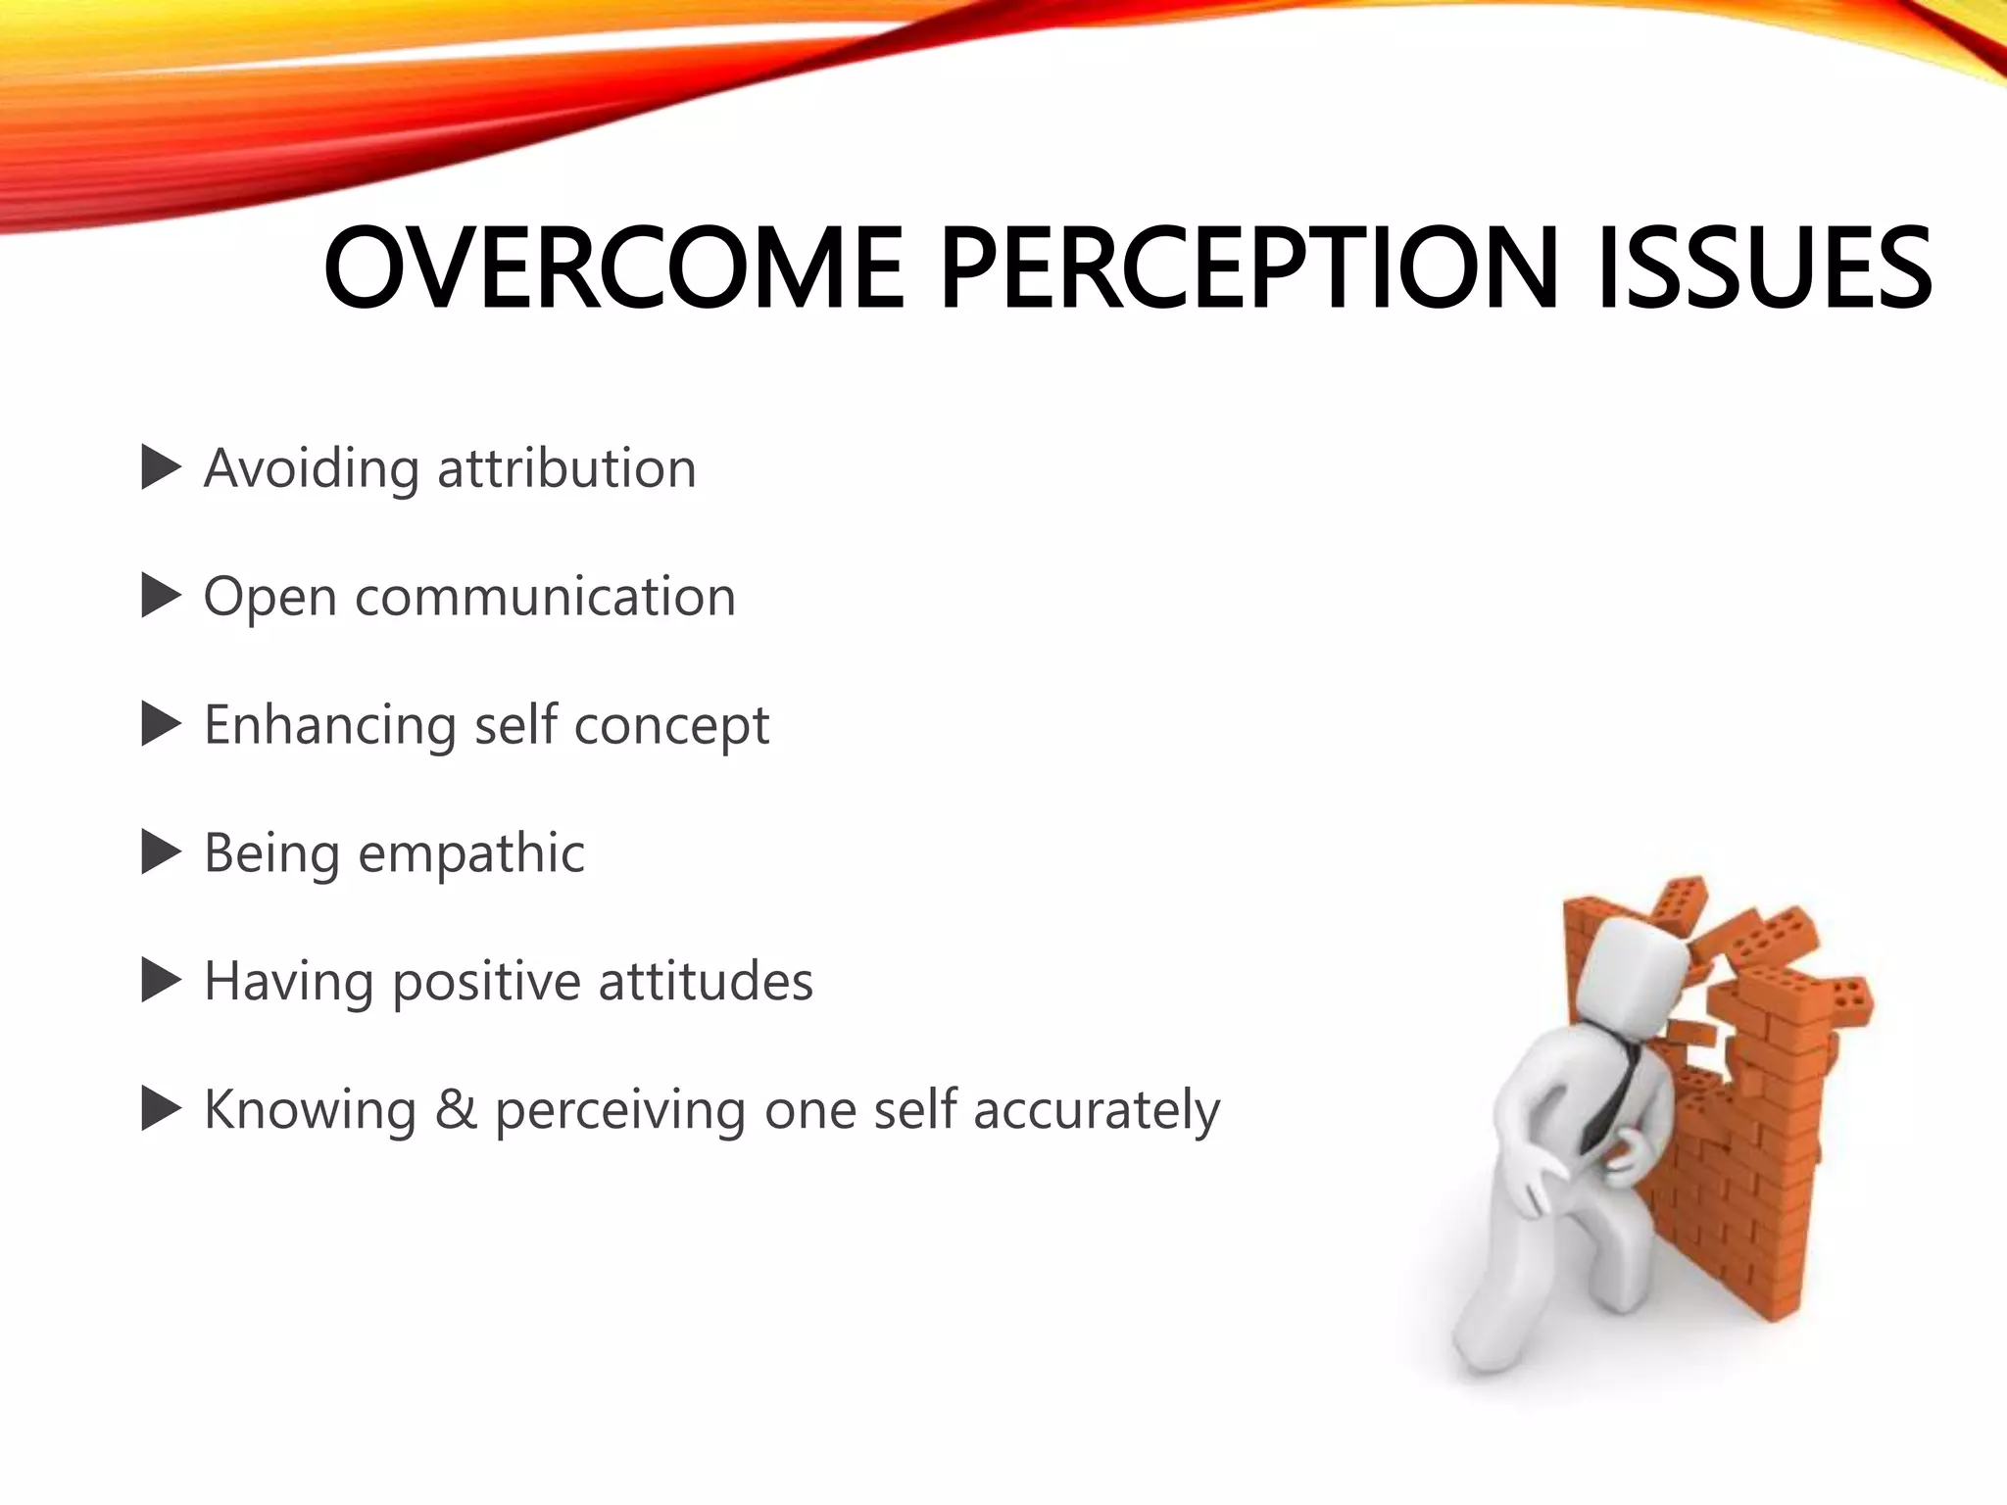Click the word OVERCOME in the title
(613, 268)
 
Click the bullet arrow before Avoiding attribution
(161, 468)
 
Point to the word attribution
(566, 468)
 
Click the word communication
(545, 597)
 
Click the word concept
(671, 726)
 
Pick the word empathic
(471, 853)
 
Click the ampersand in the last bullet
(455, 1110)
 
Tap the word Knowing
(310, 1110)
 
